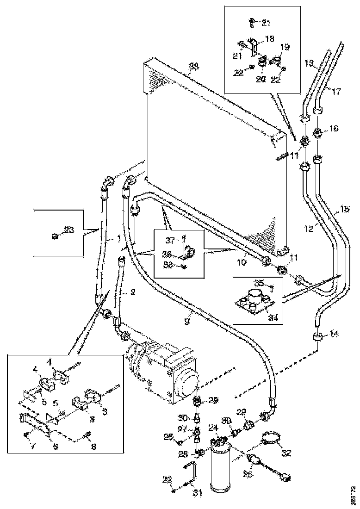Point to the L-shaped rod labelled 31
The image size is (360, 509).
pyautogui.click(x=192, y=474)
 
